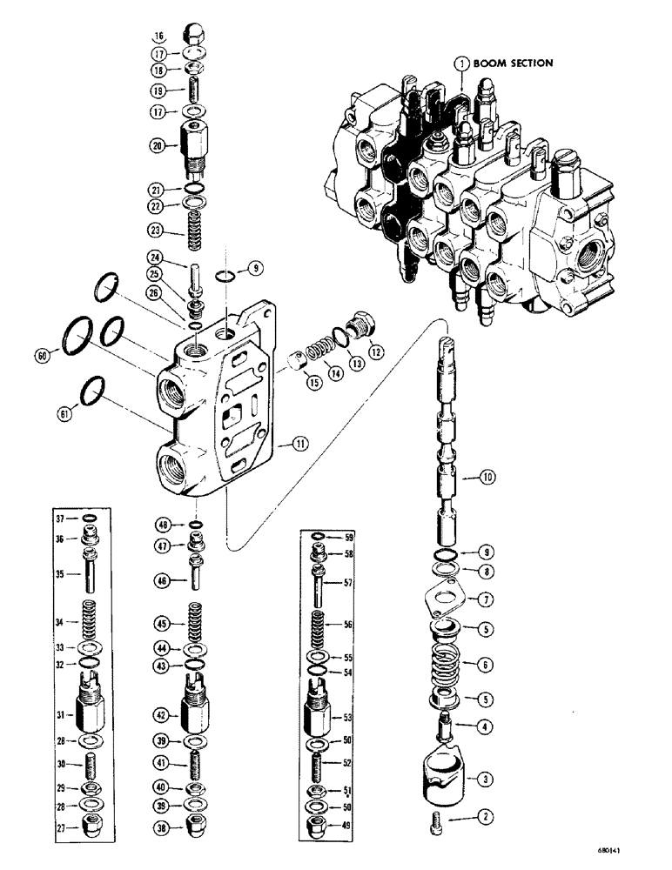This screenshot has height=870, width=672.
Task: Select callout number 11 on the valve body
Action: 299,444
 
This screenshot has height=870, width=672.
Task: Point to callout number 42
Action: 158,714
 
